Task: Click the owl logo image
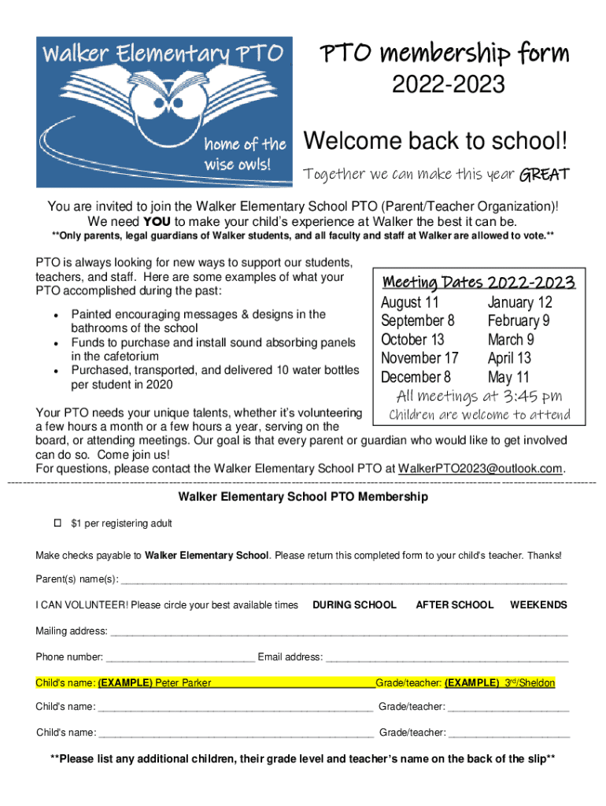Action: coord(164,111)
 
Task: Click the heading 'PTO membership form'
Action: coord(443,54)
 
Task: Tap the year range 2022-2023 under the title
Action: coord(443,84)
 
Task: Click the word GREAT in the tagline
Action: coord(544,174)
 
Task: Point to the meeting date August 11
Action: coord(410,302)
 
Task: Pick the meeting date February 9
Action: coord(519,320)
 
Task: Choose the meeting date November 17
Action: coord(419,358)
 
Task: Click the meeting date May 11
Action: coord(508,377)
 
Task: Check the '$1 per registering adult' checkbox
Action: coord(57,523)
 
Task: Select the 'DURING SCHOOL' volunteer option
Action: coord(354,604)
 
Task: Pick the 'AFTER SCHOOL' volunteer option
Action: coord(454,604)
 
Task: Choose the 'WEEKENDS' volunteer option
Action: coord(538,604)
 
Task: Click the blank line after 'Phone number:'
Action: coord(180,657)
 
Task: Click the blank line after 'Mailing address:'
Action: coord(338,631)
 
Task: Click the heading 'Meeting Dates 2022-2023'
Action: coord(479,283)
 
